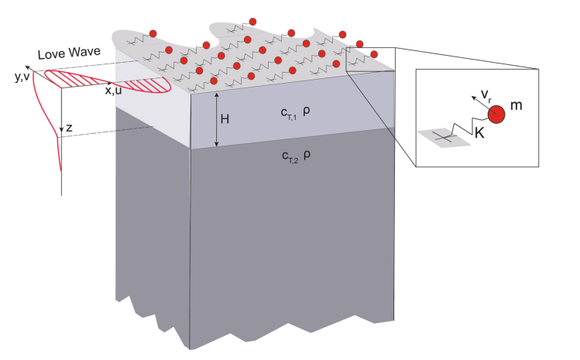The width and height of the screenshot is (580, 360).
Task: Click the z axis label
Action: click(69, 129)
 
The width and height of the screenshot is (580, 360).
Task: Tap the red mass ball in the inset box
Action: click(496, 114)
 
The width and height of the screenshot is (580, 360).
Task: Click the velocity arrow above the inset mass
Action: click(481, 101)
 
